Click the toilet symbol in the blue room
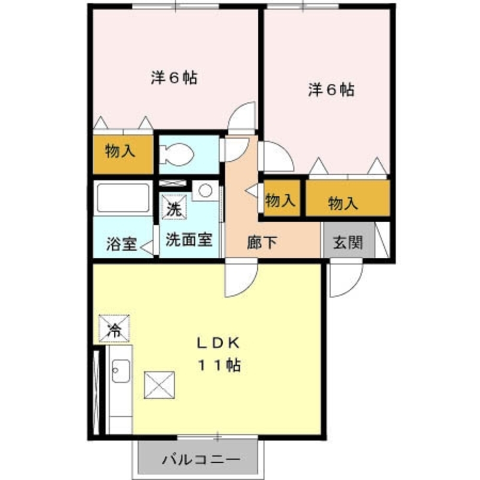pyautogui.click(x=176, y=155)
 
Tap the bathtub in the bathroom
pyautogui.click(x=122, y=197)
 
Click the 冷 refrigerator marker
pyautogui.click(x=114, y=329)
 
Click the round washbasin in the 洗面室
pyautogui.click(x=205, y=190)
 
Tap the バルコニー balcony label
pyautogui.click(x=200, y=458)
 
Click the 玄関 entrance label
pyautogui.click(x=348, y=242)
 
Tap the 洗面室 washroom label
pyautogui.click(x=189, y=240)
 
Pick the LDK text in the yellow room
pyautogui.click(x=217, y=343)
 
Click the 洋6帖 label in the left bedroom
pyautogui.click(x=174, y=78)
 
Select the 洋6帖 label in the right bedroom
pyautogui.click(x=331, y=90)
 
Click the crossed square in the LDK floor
pyautogui.click(x=160, y=385)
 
